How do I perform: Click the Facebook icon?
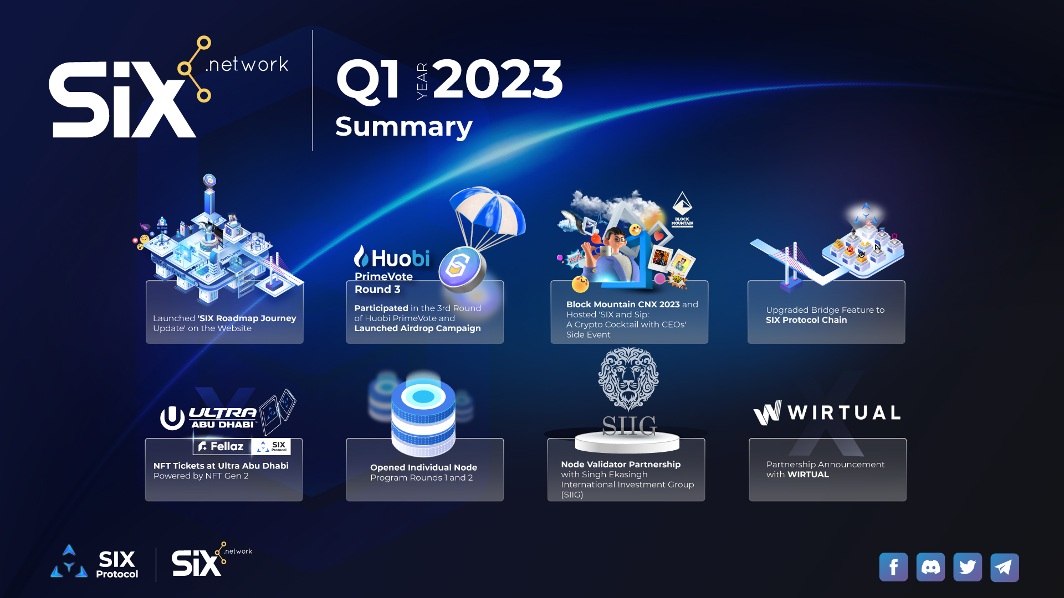pyautogui.click(x=893, y=567)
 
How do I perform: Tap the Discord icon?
pyautogui.click(x=930, y=567)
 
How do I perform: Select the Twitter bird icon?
pyautogui.click(x=968, y=567)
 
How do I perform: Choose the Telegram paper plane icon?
pyautogui.click(x=1005, y=567)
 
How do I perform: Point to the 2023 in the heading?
pyautogui.click(x=498, y=79)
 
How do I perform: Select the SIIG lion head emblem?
pyautogui.click(x=628, y=379)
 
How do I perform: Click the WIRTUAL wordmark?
pyautogui.click(x=827, y=413)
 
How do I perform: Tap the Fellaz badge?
pyautogui.click(x=222, y=446)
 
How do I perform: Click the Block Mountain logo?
pyautogui.click(x=682, y=209)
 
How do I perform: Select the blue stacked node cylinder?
pyautogui.click(x=423, y=415)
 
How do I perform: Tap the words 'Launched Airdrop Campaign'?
pyautogui.click(x=418, y=328)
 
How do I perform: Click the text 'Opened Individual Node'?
pyautogui.click(x=424, y=467)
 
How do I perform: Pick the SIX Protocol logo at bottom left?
pyautogui.click(x=94, y=562)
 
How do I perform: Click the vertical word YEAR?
pyautogui.click(x=422, y=81)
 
